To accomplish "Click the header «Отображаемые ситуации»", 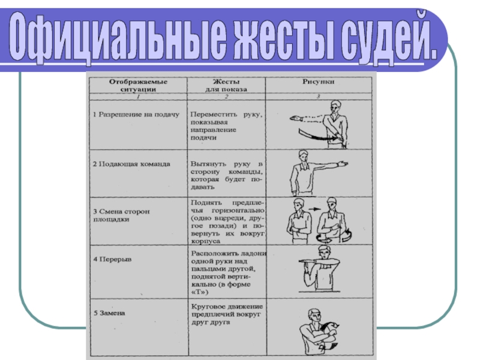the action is pyautogui.click(x=137, y=85).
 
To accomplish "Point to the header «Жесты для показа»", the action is pyautogui.click(x=227, y=85).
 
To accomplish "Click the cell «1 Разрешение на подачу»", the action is pyautogui.click(x=136, y=113).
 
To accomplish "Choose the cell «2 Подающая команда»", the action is pyautogui.click(x=131, y=164).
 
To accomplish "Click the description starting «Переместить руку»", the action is pyautogui.click(x=226, y=125).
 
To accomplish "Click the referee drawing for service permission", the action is pyautogui.click(x=318, y=124).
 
